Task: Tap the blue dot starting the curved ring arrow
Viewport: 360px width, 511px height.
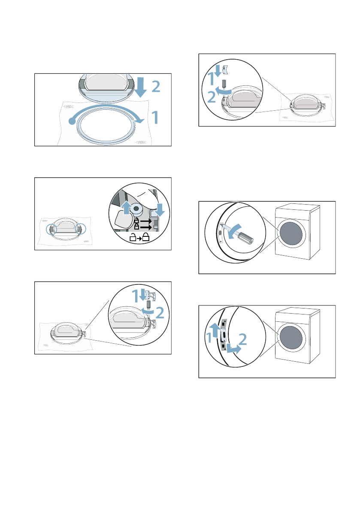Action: coord(71,122)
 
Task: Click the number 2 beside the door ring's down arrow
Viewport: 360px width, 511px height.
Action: coord(156,88)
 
